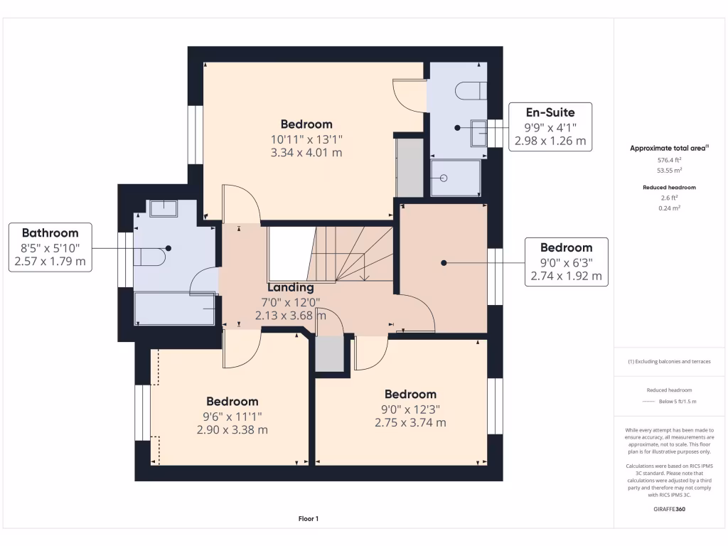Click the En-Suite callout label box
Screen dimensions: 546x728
(x=550, y=126)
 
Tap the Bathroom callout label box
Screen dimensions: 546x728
(x=50, y=247)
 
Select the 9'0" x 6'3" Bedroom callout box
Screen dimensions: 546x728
(x=566, y=262)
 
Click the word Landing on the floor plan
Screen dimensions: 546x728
(x=290, y=287)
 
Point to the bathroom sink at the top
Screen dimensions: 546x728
(x=164, y=207)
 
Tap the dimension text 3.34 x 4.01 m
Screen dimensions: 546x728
(x=306, y=152)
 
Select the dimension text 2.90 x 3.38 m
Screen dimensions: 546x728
(x=232, y=429)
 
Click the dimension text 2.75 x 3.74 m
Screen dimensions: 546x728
(x=410, y=422)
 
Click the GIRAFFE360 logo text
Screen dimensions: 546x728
(x=669, y=509)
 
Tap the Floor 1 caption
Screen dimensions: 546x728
(x=308, y=519)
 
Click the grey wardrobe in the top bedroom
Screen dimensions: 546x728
(x=409, y=167)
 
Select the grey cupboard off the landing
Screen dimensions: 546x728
(x=329, y=353)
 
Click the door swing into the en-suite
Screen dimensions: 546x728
(x=409, y=97)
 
